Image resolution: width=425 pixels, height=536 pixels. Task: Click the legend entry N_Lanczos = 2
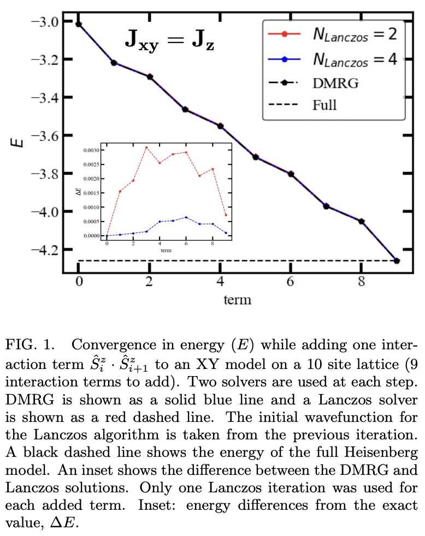click(333, 35)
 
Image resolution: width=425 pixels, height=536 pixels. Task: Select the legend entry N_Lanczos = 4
click(333, 59)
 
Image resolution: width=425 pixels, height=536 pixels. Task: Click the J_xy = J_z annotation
click(168, 42)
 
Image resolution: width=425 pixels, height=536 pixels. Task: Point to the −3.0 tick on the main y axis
click(44, 21)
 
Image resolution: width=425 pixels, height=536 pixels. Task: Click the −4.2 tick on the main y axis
click(44, 249)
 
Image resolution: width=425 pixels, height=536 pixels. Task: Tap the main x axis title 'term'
click(237, 300)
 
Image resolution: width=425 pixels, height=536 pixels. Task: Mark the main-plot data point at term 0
click(79, 24)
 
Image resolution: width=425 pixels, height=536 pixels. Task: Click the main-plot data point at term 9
click(397, 261)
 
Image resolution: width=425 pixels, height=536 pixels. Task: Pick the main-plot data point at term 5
click(256, 157)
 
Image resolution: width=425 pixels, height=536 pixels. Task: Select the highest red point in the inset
click(146, 147)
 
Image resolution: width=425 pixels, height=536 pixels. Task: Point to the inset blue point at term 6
click(186, 217)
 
